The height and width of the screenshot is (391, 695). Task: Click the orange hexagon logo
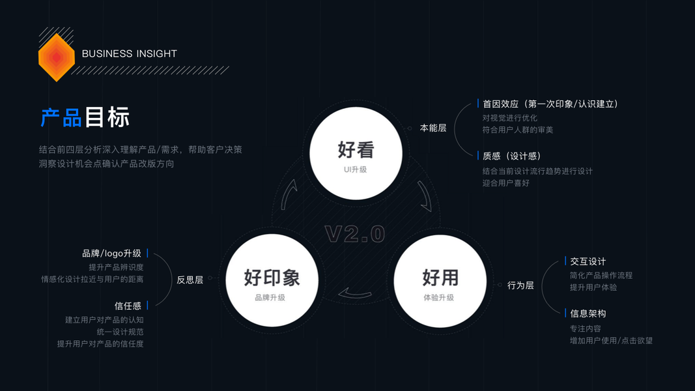(x=57, y=57)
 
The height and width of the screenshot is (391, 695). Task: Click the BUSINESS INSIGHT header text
(x=130, y=54)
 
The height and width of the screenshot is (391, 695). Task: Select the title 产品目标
(x=85, y=117)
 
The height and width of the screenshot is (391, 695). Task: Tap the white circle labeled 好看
(x=356, y=152)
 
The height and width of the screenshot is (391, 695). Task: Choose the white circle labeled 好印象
(x=271, y=280)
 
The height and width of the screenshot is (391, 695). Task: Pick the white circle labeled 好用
(x=440, y=280)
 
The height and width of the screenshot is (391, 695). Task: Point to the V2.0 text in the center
(x=355, y=234)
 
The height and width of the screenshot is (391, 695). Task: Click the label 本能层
(x=433, y=128)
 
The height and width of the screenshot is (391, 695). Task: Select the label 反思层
(x=190, y=280)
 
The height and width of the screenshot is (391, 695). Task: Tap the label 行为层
(x=520, y=285)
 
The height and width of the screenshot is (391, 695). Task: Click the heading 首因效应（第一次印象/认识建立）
(x=550, y=104)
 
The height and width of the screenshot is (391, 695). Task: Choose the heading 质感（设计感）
(x=512, y=156)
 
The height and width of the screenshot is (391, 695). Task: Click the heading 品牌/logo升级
(x=111, y=253)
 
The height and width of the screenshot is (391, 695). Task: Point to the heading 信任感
(x=128, y=306)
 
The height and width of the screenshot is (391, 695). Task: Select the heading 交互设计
(x=588, y=261)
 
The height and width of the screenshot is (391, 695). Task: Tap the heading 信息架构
(x=588, y=313)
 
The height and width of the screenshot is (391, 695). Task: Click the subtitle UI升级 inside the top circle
(x=356, y=169)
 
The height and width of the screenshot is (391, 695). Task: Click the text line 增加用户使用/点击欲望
(x=611, y=340)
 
